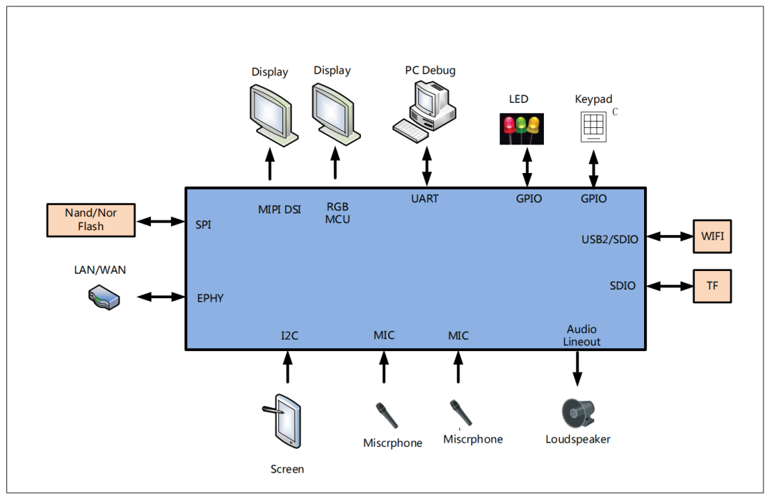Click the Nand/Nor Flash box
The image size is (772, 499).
[91, 219]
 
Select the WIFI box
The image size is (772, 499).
[713, 236]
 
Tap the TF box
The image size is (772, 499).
[713, 286]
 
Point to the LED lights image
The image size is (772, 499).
[520, 128]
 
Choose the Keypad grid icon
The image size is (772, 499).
[594, 126]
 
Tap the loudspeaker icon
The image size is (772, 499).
[578, 412]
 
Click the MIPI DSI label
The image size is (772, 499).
[279, 209]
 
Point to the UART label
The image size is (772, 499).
[425, 198]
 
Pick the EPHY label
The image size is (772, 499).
[211, 298]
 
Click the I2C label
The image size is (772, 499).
[289, 335]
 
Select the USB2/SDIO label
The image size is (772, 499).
[610, 239]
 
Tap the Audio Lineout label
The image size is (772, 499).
[582, 335]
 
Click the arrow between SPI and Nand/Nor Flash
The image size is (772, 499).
[161, 222]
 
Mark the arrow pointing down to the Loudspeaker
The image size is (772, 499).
[578, 369]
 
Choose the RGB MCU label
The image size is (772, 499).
[337, 213]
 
